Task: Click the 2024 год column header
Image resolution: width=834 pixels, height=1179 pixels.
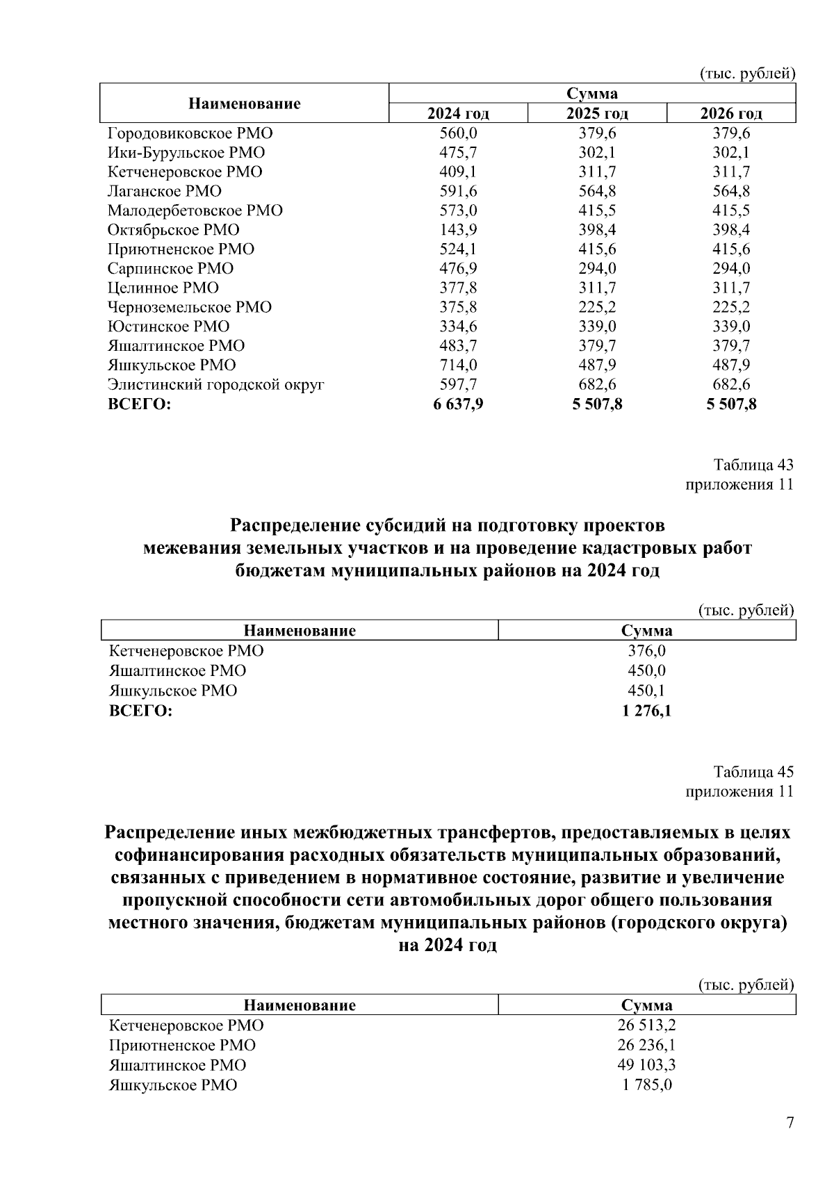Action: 458,114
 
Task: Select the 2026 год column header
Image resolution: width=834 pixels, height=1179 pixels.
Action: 730,114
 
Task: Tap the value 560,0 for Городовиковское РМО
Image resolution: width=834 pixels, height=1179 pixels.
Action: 458,133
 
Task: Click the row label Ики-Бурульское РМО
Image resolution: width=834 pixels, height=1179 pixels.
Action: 186,153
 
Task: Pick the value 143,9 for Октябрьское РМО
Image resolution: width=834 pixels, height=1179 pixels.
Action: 458,230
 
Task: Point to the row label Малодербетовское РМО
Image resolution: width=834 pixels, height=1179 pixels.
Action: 195,211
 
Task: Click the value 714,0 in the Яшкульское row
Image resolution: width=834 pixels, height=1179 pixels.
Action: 458,365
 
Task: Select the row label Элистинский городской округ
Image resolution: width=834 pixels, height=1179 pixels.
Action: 216,385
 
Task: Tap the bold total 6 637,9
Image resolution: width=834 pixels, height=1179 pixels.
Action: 458,404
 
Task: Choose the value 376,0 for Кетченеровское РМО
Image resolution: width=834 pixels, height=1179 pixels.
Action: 647,652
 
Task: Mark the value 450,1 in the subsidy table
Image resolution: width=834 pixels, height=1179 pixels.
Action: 647,691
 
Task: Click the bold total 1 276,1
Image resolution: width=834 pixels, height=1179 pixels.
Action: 647,711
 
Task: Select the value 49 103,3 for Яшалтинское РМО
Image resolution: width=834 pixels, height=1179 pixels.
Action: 647,1065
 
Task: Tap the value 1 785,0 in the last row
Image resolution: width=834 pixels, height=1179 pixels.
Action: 647,1085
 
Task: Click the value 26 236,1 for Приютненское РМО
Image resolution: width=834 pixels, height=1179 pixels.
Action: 647,1046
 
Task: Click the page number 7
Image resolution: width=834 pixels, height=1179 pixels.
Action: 789,1123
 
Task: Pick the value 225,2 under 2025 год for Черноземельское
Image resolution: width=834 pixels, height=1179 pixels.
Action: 597,307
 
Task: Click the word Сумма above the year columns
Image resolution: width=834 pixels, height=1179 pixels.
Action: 592,94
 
